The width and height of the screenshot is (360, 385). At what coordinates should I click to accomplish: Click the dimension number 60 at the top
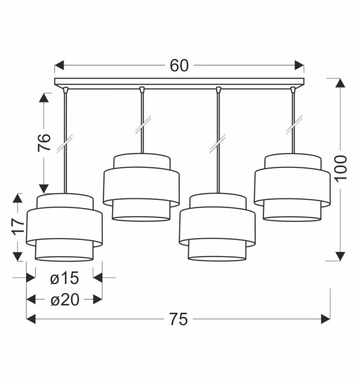coord(179,66)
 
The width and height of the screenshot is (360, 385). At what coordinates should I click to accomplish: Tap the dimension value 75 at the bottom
coord(179,319)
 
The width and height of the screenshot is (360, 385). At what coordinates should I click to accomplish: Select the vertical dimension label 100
coord(341,169)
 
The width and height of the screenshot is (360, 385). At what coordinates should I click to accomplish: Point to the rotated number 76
coord(44,143)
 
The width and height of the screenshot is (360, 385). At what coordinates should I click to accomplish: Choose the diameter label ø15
coord(65,278)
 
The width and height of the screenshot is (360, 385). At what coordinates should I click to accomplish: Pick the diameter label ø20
coord(65,300)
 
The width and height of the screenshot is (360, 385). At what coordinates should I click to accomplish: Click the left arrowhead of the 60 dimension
coord(59,65)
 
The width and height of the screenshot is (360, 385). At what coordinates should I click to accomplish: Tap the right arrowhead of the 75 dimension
coord(325,319)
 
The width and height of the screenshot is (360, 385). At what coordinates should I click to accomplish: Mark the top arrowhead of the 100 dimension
coord(340,83)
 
